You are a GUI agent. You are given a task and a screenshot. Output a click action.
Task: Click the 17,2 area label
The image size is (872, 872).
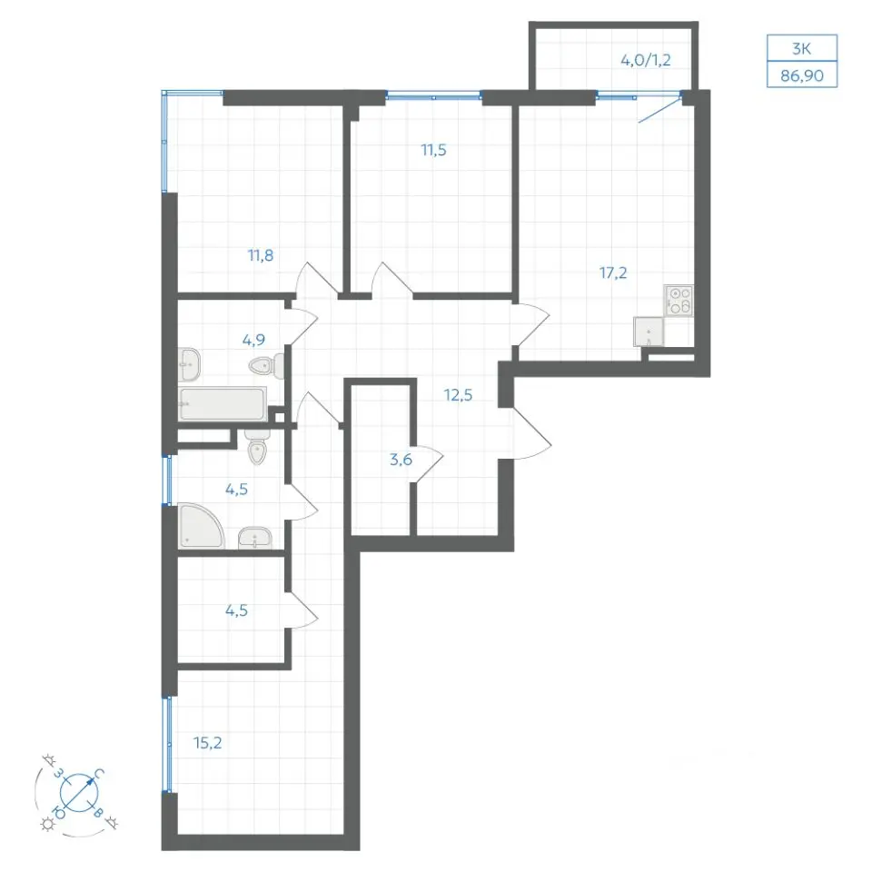[x=613, y=273]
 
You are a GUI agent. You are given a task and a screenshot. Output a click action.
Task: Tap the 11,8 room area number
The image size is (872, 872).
[x=261, y=256]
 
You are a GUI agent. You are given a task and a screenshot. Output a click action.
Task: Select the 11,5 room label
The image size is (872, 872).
[x=434, y=150]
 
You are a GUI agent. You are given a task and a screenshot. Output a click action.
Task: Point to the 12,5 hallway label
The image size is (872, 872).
[x=458, y=395]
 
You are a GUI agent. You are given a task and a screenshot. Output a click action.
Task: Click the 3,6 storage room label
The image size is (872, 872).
[x=401, y=460]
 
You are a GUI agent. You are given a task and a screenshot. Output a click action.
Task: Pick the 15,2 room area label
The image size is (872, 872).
[x=207, y=743]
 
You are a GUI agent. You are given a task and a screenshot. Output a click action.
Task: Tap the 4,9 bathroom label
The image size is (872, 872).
[x=253, y=339]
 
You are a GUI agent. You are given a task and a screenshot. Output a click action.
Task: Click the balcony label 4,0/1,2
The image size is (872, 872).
[x=646, y=60]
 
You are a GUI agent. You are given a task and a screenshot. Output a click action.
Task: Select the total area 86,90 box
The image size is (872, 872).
[x=802, y=74]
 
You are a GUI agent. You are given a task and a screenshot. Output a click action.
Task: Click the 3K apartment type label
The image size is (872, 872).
[x=802, y=49]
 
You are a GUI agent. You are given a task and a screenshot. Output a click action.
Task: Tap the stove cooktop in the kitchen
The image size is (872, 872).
[x=679, y=301]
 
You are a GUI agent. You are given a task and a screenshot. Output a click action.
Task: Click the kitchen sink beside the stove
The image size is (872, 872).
[x=649, y=332]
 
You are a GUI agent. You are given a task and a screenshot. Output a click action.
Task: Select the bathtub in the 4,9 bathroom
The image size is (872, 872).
[x=223, y=403]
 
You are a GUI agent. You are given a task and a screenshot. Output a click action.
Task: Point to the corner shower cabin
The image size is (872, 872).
[x=201, y=526]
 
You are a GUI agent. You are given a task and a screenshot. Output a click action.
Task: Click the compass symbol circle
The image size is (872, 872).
[x=79, y=792]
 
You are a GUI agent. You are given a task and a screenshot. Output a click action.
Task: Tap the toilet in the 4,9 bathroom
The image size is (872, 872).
[x=267, y=366]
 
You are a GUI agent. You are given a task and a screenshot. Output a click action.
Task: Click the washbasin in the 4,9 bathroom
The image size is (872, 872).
[x=190, y=364]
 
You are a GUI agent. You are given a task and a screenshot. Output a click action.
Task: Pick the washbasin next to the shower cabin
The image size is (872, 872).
[x=255, y=539]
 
